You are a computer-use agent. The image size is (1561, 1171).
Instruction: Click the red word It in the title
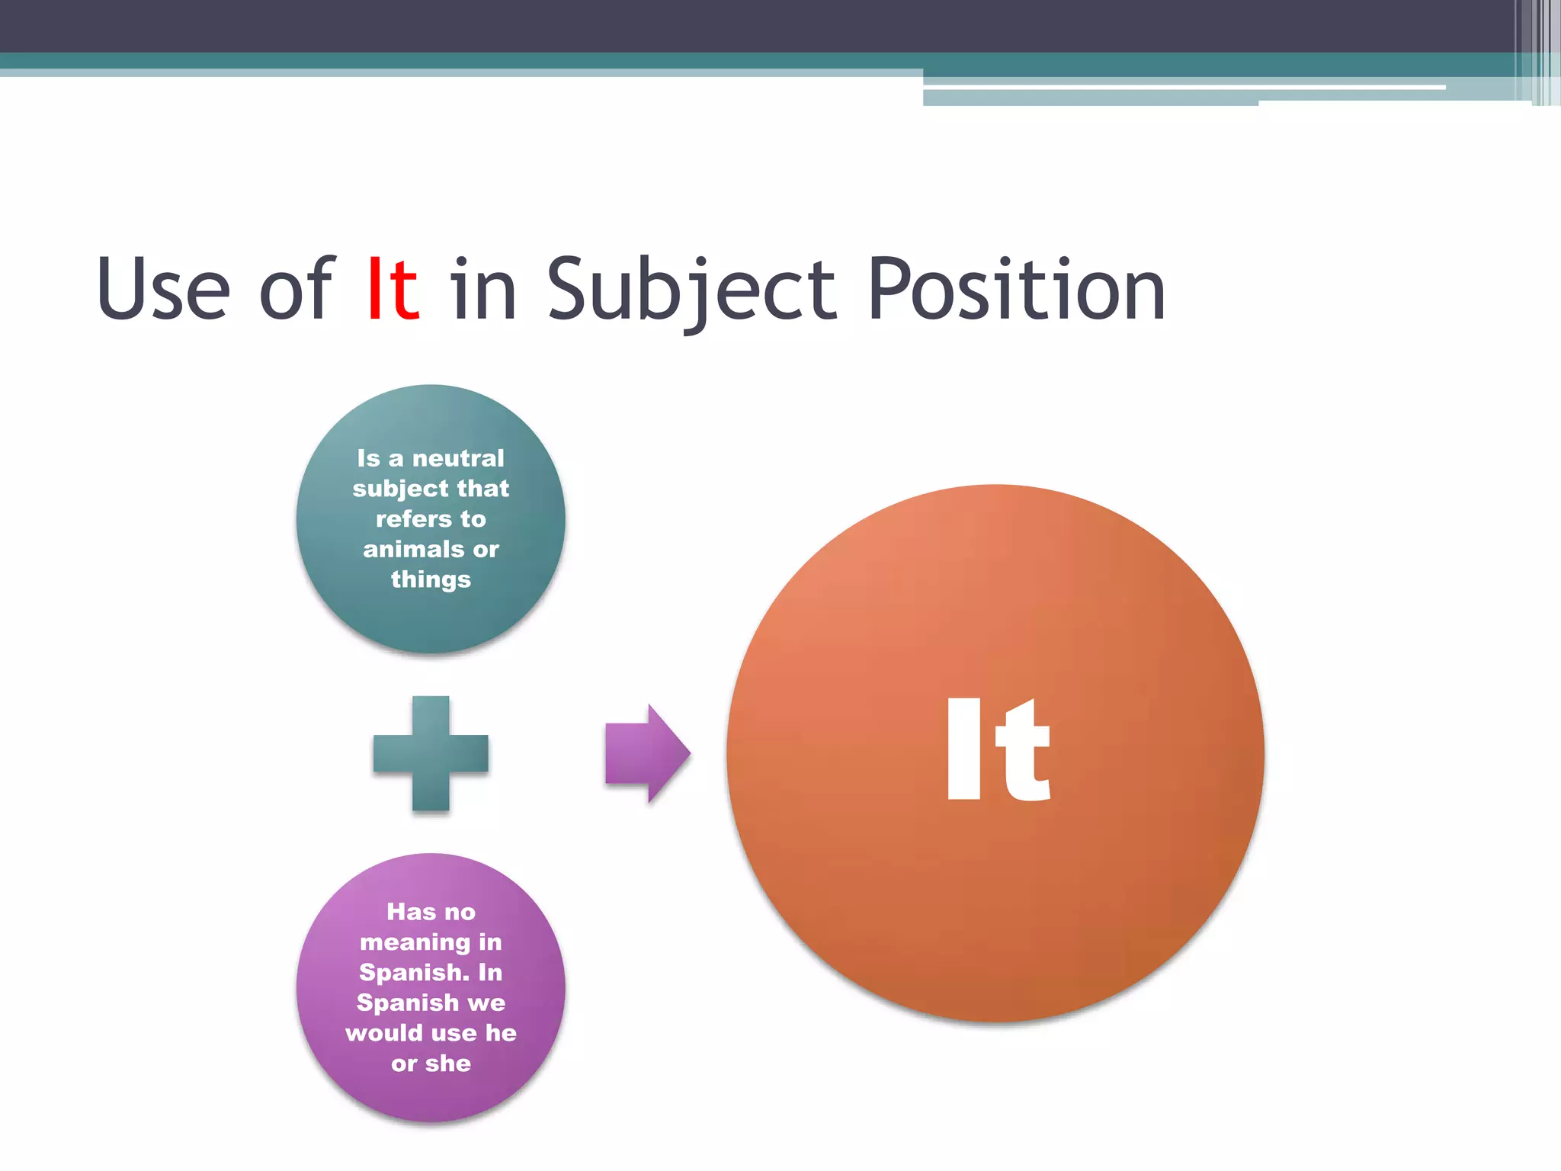pos(393,290)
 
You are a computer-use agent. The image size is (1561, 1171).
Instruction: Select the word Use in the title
pos(163,290)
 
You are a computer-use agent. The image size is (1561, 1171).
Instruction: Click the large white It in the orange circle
pos(998,751)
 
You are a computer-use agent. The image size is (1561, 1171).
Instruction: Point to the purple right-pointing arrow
pos(647,753)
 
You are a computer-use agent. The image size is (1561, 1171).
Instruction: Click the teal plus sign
pos(431,753)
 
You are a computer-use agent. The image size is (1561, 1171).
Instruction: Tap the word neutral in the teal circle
pos(458,458)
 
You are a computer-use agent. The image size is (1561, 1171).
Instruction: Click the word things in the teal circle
pos(431,579)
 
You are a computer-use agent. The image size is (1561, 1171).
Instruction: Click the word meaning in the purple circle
pos(415,943)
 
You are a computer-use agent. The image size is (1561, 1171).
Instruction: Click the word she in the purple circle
pos(448,1064)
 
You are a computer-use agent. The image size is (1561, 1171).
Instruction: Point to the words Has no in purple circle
pos(431,912)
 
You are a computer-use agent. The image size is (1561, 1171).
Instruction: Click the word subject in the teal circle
pos(401,489)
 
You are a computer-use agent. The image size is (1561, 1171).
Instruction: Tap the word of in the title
pos(296,290)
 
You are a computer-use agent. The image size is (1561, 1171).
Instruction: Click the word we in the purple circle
pos(486,1003)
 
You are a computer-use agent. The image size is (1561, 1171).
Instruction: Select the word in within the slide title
pos(483,290)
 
